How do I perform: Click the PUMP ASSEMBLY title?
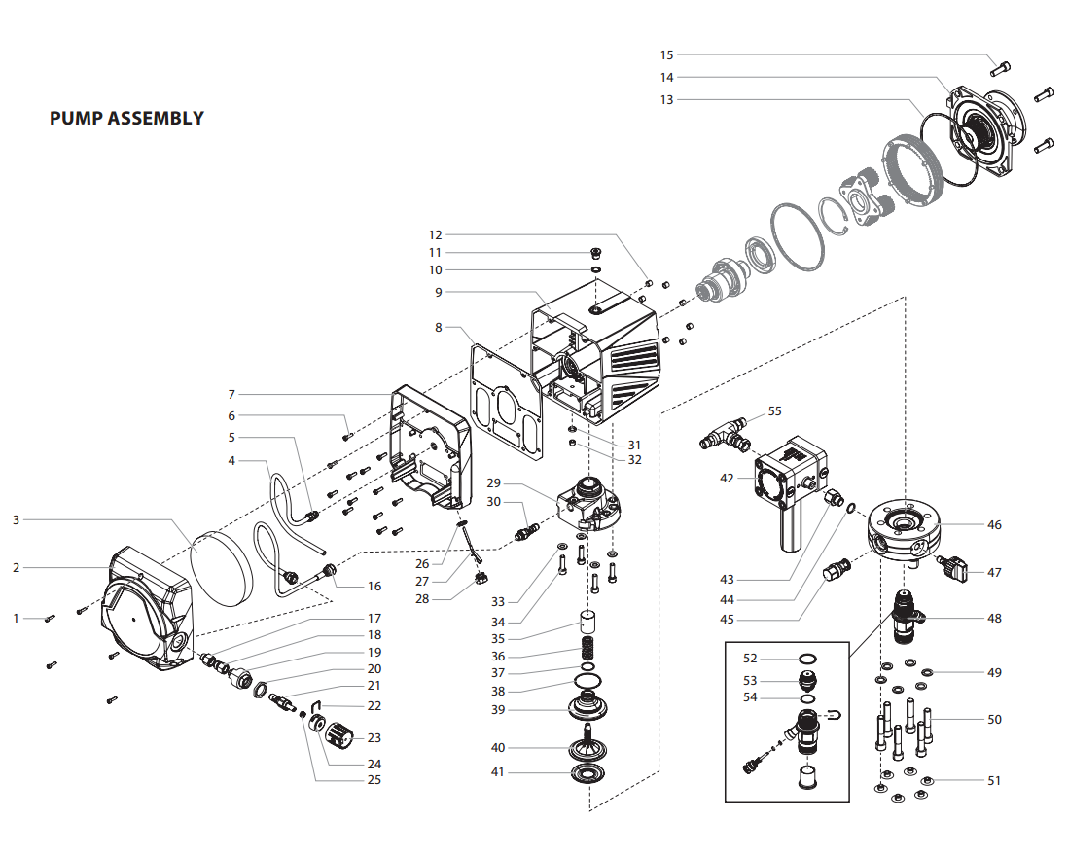click(126, 119)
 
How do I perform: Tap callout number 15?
click(666, 55)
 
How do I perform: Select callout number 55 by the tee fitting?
click(774, 411)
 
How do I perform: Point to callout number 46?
click(993, 525)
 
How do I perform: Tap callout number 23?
click(374, 738)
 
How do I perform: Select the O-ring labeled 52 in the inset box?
click(807, 660)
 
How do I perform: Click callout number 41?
click(497, 772)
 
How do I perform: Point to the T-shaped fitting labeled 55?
click(724, 434)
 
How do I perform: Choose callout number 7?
click(231, 394)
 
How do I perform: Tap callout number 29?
click(493, 483)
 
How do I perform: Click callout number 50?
click(993, 720)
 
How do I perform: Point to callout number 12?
click(435, 234)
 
